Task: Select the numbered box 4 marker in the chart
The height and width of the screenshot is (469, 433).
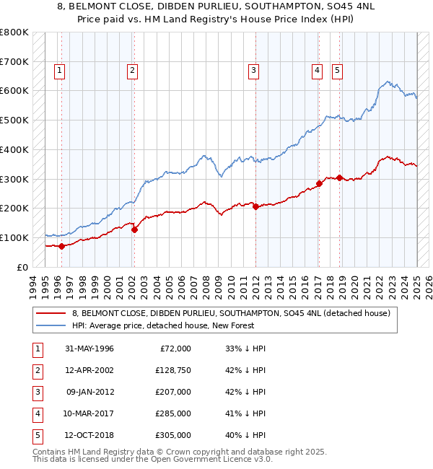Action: pos(317,70)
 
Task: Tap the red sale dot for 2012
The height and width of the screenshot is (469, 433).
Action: pos(255,206)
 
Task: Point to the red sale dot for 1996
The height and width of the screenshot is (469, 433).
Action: pos(62,246)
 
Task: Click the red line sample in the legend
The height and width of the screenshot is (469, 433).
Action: pos(51,313)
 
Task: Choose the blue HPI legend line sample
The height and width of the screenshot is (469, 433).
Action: pos(51,325)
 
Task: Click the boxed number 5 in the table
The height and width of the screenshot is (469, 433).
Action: pos(38,435)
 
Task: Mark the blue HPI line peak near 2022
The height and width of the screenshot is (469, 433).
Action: pos(388,82)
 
